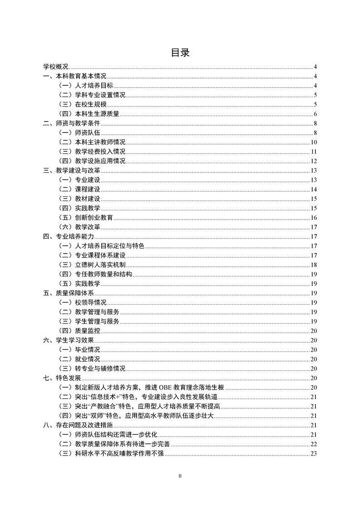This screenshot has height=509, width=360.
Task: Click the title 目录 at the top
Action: coord(180,53)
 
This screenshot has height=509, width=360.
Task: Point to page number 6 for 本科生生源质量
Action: coord(315,113)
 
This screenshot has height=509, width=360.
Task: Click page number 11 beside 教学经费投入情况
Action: coord(313,152)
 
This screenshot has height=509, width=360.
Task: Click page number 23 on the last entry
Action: coord(313,453)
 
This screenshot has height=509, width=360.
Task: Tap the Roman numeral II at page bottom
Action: coord(180,476)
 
